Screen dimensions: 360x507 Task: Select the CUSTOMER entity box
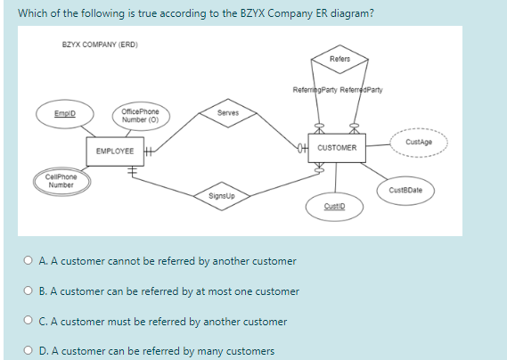pyautogui.click(x=337, y=147)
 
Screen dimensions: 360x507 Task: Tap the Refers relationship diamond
pyautogui.click(x=339, y=60)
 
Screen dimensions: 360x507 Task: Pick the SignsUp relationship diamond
pyautogui.click(x=222, y=195)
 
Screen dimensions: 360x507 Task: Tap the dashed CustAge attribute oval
pyautogui.click(x=419, y=142)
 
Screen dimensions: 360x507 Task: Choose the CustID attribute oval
pyautogui.click(x=334, y=205)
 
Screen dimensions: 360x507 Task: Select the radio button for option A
pyautogui.click(x=31, y=261)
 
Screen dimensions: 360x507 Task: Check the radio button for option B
pyautogui.click(x=31, y=290)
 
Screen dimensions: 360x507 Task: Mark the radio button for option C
pyautogui.click(x=31, y=321)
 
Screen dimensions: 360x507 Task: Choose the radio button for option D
pyautogui.click(x=31, y=350)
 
